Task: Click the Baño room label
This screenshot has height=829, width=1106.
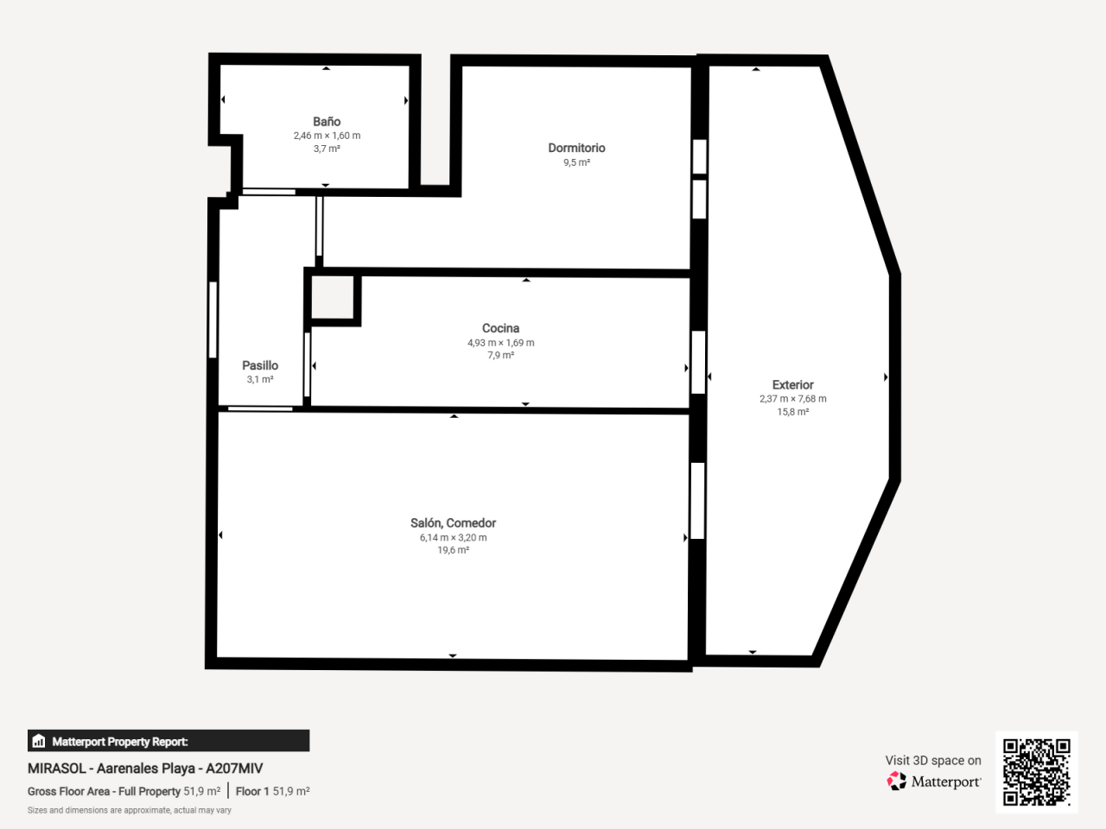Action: coord(327,121)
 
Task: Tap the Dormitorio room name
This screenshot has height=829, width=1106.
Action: coord(576,148)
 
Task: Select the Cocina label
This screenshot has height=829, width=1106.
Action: coord(500,328)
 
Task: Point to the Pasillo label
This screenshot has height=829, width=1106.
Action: coord(260,365)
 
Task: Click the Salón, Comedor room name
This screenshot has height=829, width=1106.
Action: coord(453,523)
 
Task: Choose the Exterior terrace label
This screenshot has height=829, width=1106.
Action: coord(792,385)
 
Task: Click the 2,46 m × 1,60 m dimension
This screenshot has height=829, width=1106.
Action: coord(327,136)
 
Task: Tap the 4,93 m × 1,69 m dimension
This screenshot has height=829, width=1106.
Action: coord(500,343)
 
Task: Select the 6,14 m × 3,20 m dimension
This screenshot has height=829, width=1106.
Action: coord(453,538)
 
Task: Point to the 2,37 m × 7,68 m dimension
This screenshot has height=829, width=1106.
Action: coord(792,399)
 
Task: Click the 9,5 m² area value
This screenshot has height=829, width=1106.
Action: coord(576,162)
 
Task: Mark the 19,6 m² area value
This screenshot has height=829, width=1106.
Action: coord(453,550)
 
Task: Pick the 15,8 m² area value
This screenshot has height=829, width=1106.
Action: coord(792,412)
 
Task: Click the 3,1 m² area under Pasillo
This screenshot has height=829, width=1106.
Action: coord(260,379)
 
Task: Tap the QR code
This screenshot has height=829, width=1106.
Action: coord(1037,772)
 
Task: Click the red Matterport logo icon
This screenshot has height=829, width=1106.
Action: coord(896,782)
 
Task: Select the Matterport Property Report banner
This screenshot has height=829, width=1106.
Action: coord(168,741)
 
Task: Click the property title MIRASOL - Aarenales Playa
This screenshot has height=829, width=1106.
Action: coord(145,769)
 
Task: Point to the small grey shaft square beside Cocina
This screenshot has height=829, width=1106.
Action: coord(333,297)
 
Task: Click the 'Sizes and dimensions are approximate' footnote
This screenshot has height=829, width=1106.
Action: coord(130,810)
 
